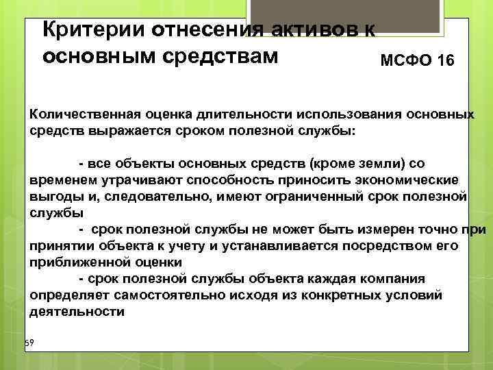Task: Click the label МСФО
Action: pos(405,62)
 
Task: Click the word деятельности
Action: pos(77,311)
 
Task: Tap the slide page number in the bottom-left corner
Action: pos(29,342)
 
